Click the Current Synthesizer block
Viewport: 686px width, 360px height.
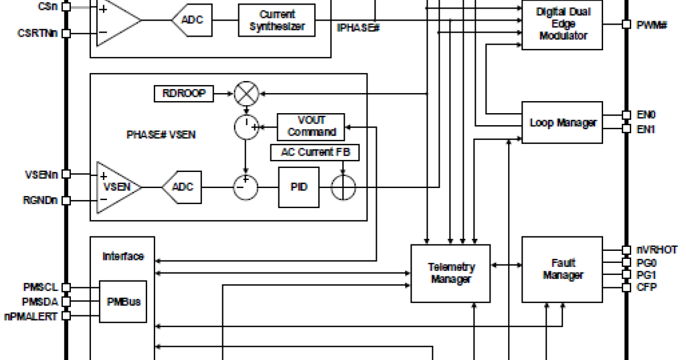[277, 20]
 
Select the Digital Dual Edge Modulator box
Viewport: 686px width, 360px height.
[563, 24]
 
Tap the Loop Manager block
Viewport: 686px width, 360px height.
[563, 123]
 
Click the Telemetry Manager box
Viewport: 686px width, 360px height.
[451, 273]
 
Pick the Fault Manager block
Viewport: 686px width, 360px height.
[563, 270]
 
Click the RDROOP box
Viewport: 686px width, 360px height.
[184, 94]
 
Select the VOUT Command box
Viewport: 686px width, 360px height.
[311, 126]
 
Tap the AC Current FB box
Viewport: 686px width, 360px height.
[315, 153]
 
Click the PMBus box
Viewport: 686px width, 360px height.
[123, 301]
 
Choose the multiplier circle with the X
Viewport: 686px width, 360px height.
[246, 94]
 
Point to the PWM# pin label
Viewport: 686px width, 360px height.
[652, 25]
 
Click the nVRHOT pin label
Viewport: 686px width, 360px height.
[657, 250]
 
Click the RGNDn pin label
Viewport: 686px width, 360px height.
[39, 201]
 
